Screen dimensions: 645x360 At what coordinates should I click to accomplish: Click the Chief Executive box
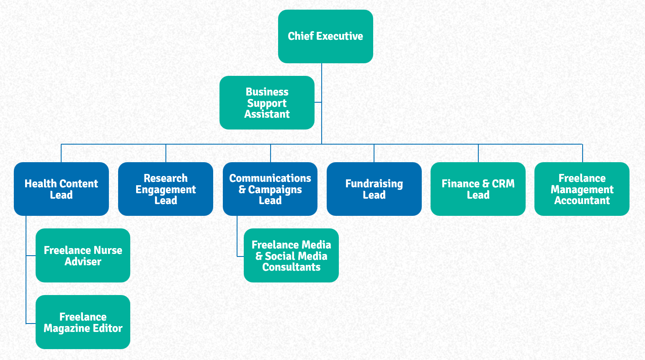point(325,36)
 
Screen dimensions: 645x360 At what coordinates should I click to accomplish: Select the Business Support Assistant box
point(267,103)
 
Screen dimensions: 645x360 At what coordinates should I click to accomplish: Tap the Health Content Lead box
point(61,189)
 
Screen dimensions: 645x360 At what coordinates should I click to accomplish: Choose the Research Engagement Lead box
point(165,189)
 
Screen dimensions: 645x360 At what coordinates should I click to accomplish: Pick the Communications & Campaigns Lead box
point(270,189)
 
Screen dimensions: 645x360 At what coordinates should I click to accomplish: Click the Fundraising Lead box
point(374,189)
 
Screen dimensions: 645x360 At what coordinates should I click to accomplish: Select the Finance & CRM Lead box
point(478,189)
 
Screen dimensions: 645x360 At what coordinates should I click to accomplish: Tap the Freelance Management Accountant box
point(582,189)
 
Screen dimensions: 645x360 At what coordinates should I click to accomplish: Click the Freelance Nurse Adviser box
point(83,255)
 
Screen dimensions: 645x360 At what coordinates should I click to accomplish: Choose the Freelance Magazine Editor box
point(83,322)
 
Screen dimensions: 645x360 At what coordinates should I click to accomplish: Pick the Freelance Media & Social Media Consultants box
point(291,255)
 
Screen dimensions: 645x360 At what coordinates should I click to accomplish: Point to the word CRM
point(503,183)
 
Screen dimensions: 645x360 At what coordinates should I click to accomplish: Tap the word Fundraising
point(374,184)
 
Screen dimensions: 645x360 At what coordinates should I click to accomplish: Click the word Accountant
point(582,200)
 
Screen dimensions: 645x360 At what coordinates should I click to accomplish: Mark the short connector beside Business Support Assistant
point(318,102)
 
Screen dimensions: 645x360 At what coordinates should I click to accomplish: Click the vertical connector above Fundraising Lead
point(374,153)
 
